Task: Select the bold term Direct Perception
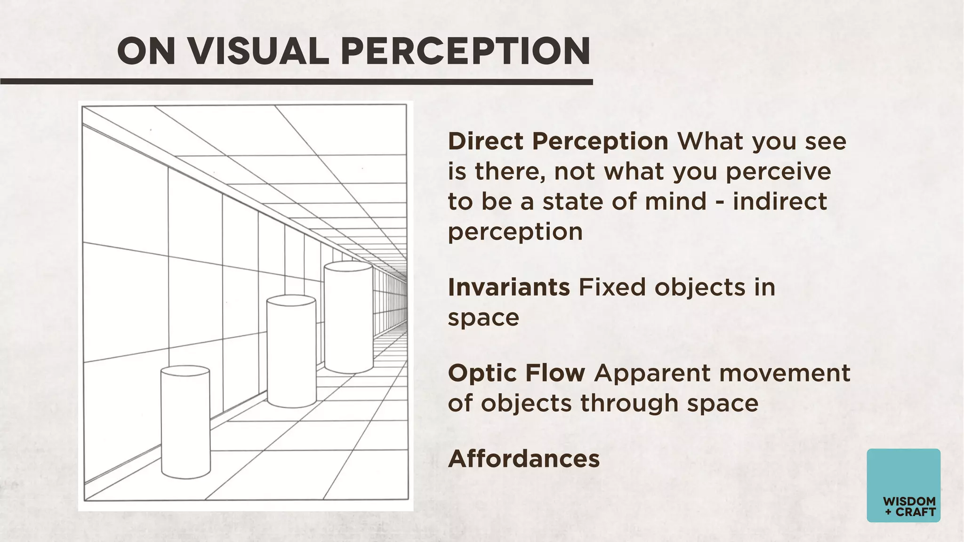point(558,142)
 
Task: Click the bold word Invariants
point(509,287)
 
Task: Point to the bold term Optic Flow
point(516,373)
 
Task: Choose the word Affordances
point(524,459)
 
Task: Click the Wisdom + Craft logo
point(903,485)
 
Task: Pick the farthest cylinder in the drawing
point(349,317)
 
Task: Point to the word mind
point(675,201)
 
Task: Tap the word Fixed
point(612,287)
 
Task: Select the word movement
point(785,373)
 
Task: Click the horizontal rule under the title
point(297,82)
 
